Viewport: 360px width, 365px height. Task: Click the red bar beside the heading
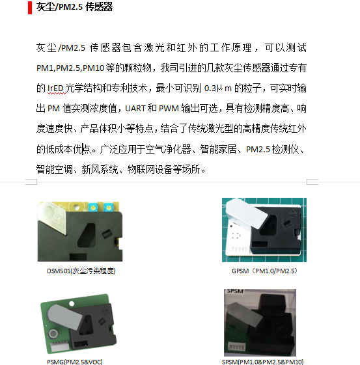click(x=30, y=8)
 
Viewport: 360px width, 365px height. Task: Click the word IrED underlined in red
click(x=55, y=88)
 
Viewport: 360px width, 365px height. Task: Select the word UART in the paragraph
click(x=135, y=109)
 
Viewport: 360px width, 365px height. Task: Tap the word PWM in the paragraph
click(x=169, y=109)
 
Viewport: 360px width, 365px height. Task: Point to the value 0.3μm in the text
click(x=217, y=88)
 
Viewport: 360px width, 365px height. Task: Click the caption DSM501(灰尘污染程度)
click(x=81, y=271)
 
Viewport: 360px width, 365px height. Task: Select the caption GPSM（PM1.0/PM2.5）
click(x=264, y=271)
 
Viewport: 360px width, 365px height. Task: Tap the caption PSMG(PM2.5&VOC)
click(x=75, y=362)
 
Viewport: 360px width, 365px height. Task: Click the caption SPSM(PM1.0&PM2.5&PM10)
click(x=262, y=362)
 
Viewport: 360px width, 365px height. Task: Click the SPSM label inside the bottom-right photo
click(x=235, y=291)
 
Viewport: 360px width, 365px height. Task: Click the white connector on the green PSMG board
click(x=60, y=346)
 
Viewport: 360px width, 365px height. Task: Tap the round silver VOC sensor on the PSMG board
click(x=53, y=334)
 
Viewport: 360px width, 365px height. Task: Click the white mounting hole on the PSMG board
click(x=72, y=304)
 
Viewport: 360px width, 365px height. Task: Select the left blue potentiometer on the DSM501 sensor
click(x=93, y=207)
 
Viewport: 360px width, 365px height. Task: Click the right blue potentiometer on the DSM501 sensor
click(x=108, y=207)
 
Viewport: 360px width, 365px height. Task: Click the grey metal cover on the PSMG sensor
click(x=64, y=316)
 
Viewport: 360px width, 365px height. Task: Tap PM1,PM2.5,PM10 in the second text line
click(x=70, y=68)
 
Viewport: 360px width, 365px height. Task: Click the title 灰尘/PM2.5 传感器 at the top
click(x=74, y=7)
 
